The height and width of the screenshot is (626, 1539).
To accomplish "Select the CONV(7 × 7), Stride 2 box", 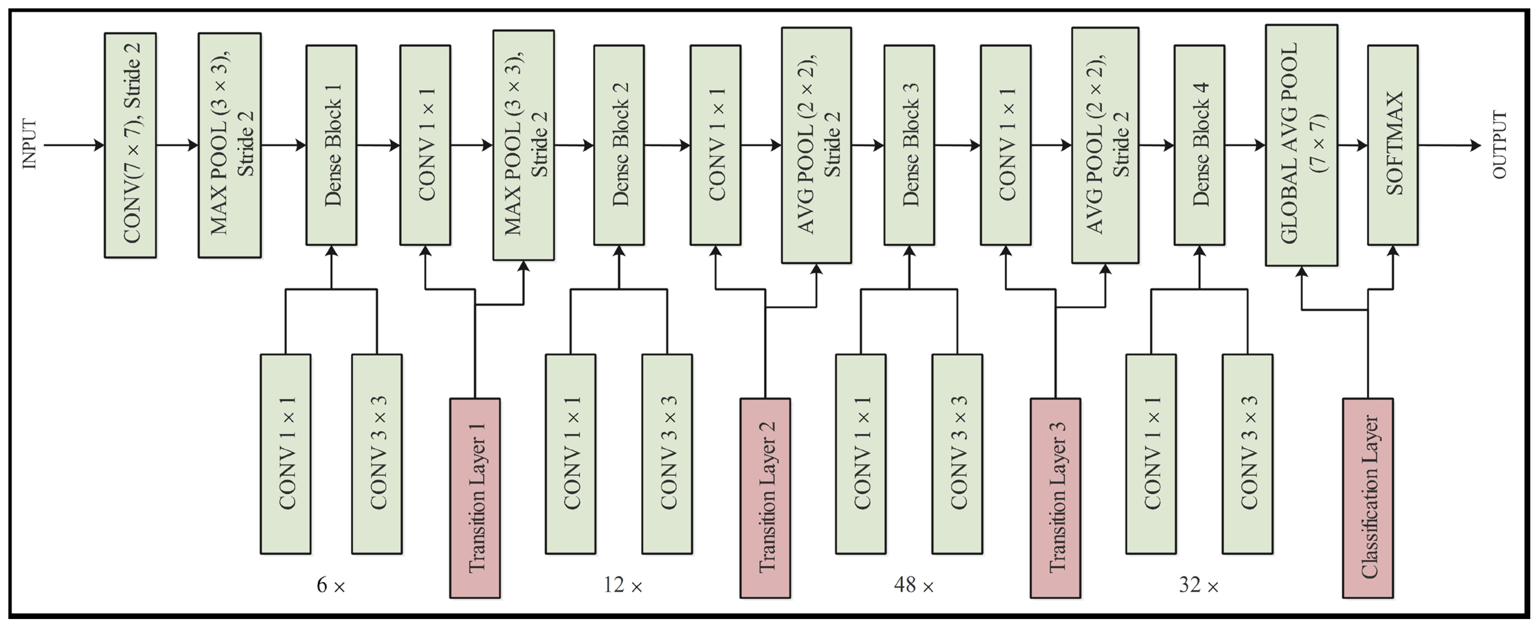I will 130,145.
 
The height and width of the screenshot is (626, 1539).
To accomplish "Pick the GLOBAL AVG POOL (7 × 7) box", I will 1301,145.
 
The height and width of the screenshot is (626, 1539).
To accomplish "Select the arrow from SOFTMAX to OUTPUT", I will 1449,145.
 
